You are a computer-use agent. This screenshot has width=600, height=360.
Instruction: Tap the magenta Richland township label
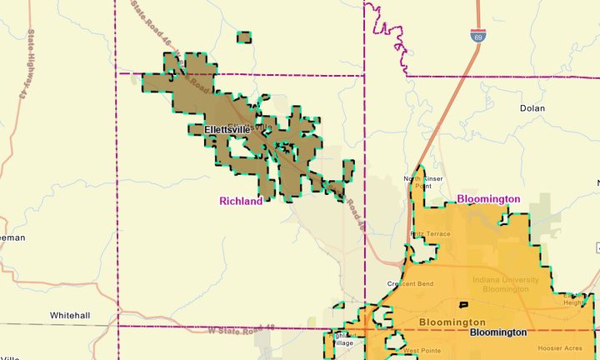tap(241, 201)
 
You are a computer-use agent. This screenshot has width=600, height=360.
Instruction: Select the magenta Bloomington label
tap(488, 199)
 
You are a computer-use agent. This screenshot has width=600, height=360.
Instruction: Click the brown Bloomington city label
tap(452, 322)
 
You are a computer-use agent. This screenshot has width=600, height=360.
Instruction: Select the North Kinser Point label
tap(423, 182)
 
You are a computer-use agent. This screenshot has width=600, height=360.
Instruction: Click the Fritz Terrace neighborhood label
tap(430, 235)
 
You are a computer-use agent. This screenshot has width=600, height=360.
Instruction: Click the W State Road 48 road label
tap(240, 330)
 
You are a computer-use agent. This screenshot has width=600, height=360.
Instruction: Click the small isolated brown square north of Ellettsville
tap(245, 37)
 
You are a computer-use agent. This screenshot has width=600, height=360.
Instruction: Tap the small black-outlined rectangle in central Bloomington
tap(463, 305)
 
